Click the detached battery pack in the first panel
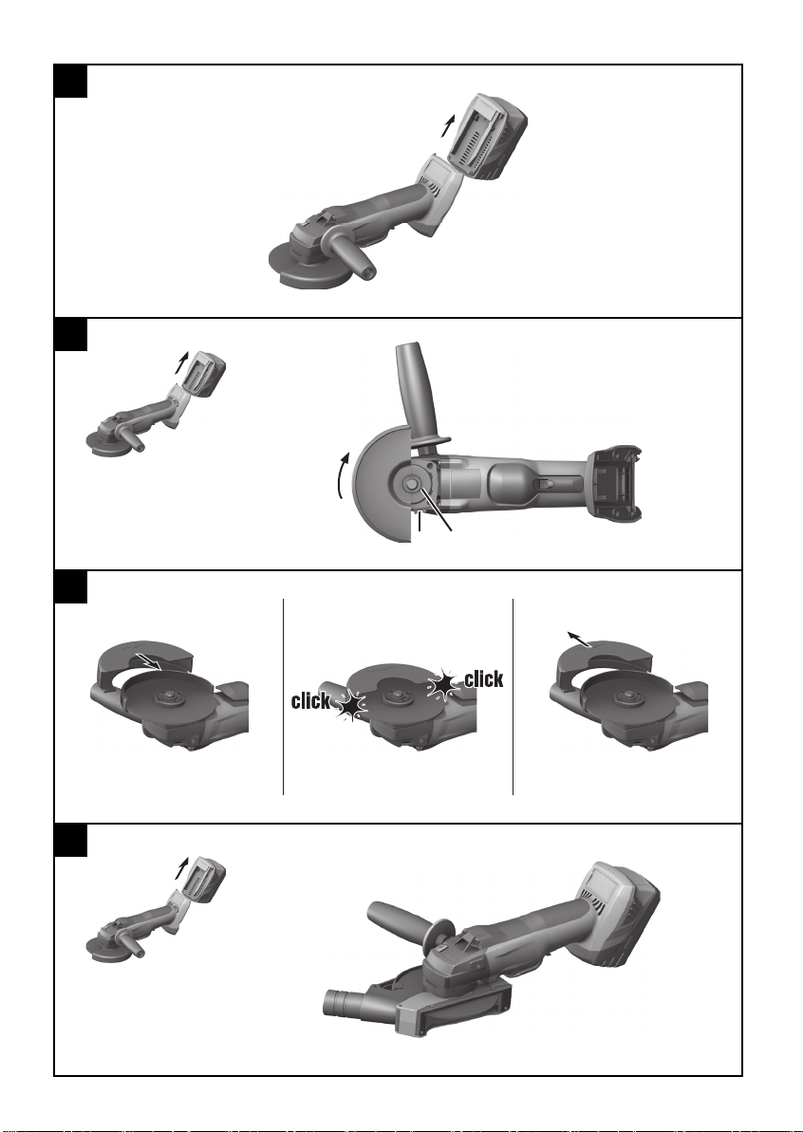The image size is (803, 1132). [x=488, y=138]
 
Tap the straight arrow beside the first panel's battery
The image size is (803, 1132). [x=449, y=124]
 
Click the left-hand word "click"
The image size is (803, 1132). [x=310, y=701]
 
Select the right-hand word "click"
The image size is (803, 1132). [x=484, y=678]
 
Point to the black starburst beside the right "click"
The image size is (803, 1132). [x=444, y=684]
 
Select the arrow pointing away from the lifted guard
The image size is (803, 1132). [x=580, y=640]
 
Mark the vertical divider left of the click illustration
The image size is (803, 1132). [x=283, y=696]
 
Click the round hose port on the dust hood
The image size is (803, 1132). [x=337, y=1002]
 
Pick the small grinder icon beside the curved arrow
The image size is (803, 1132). [x=156, y=404]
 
